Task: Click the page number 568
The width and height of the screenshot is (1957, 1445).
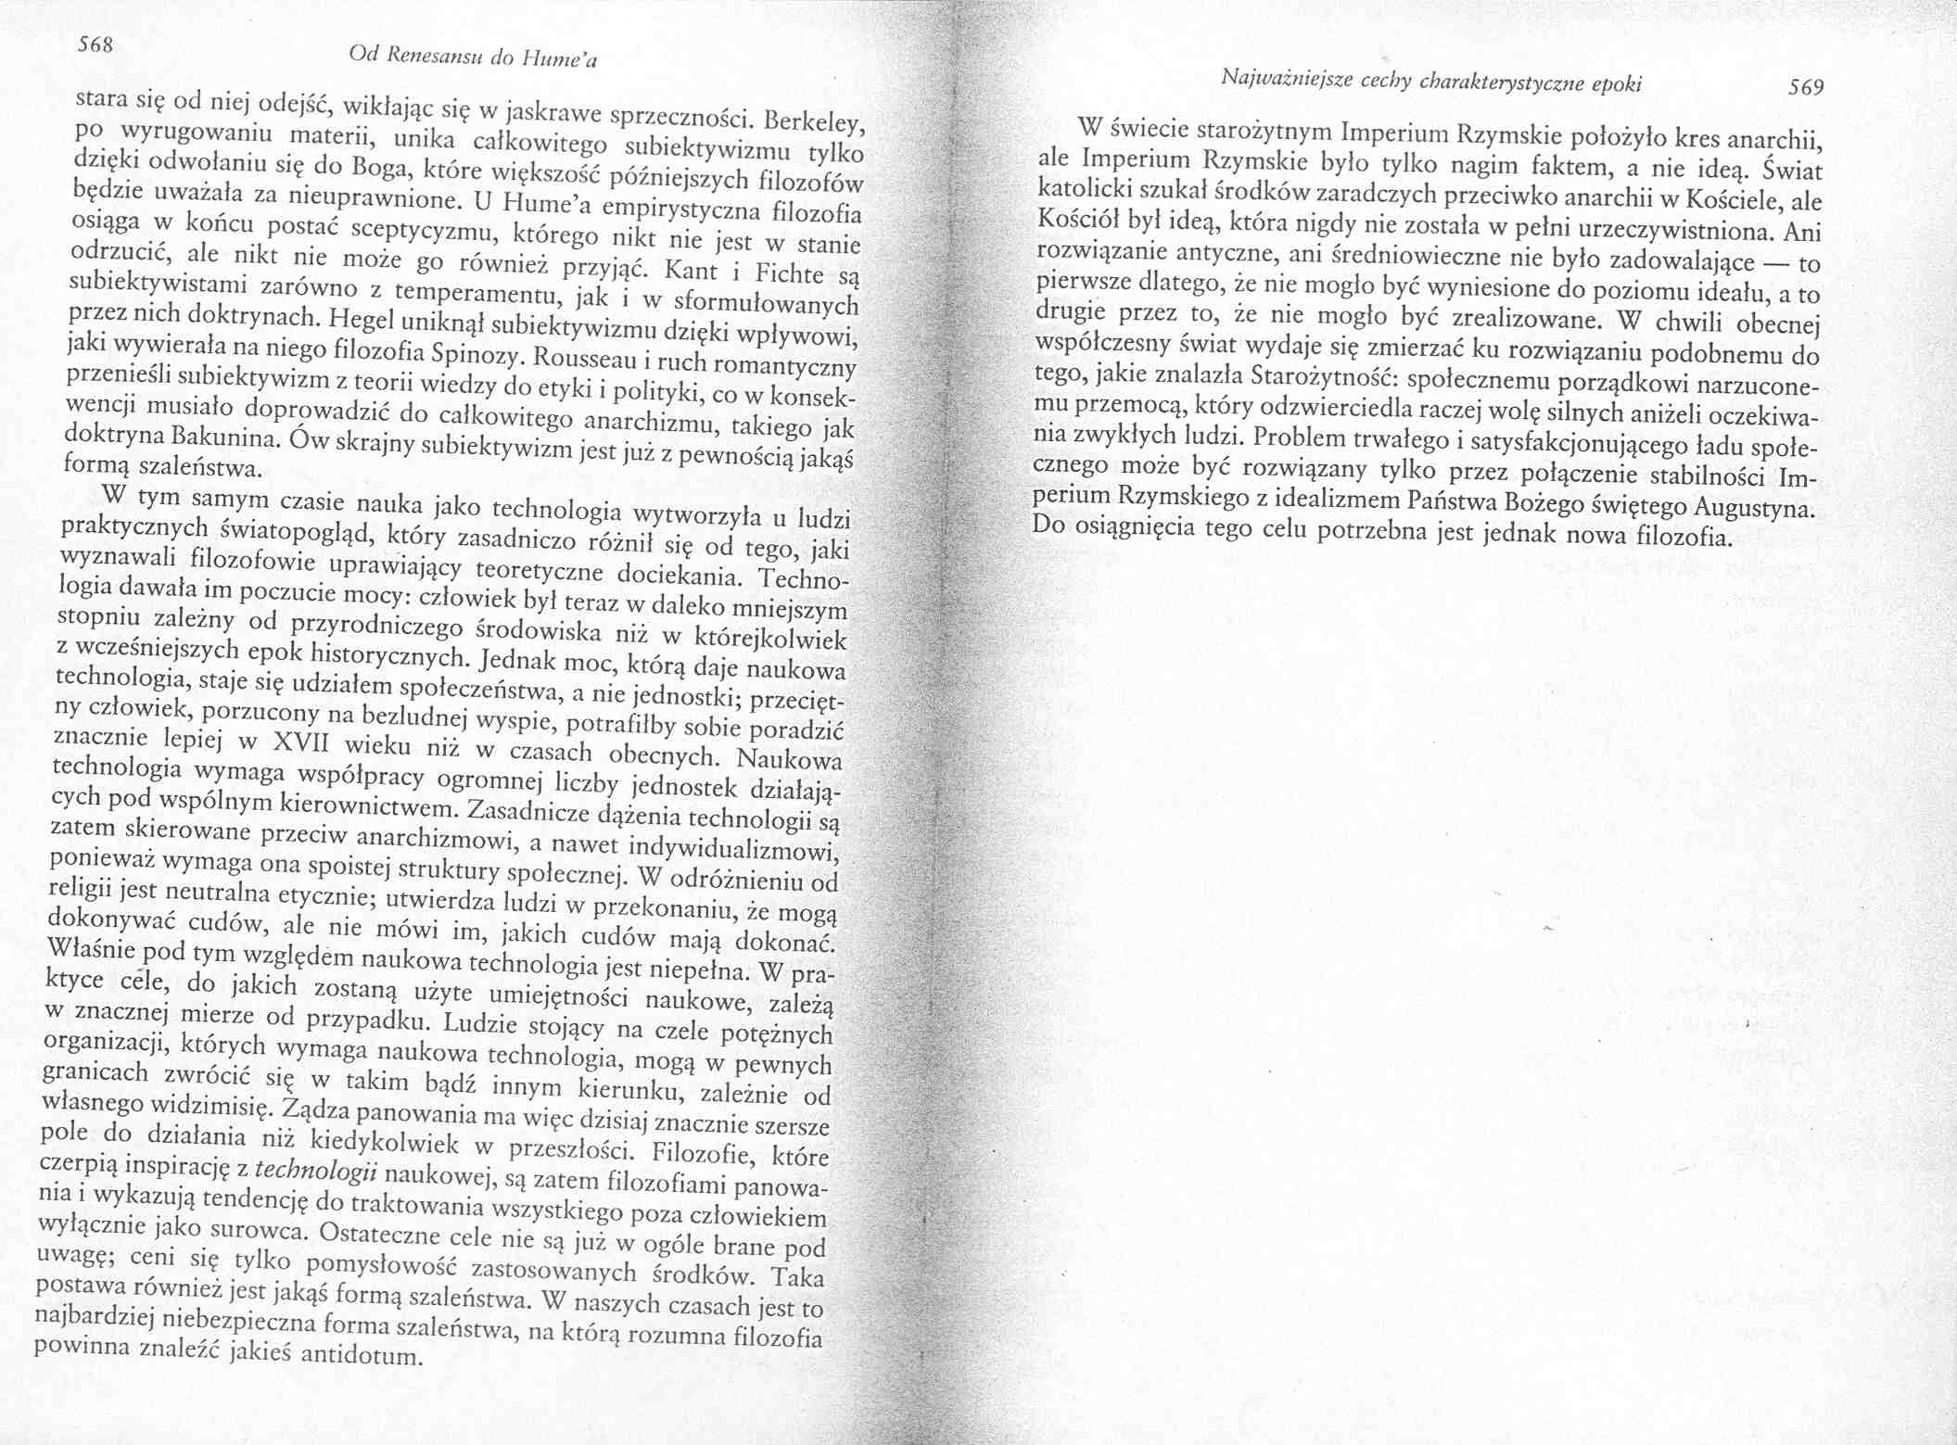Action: (x=95, y=44)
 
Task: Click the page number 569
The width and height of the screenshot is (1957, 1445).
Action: (x=1805, y=87)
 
